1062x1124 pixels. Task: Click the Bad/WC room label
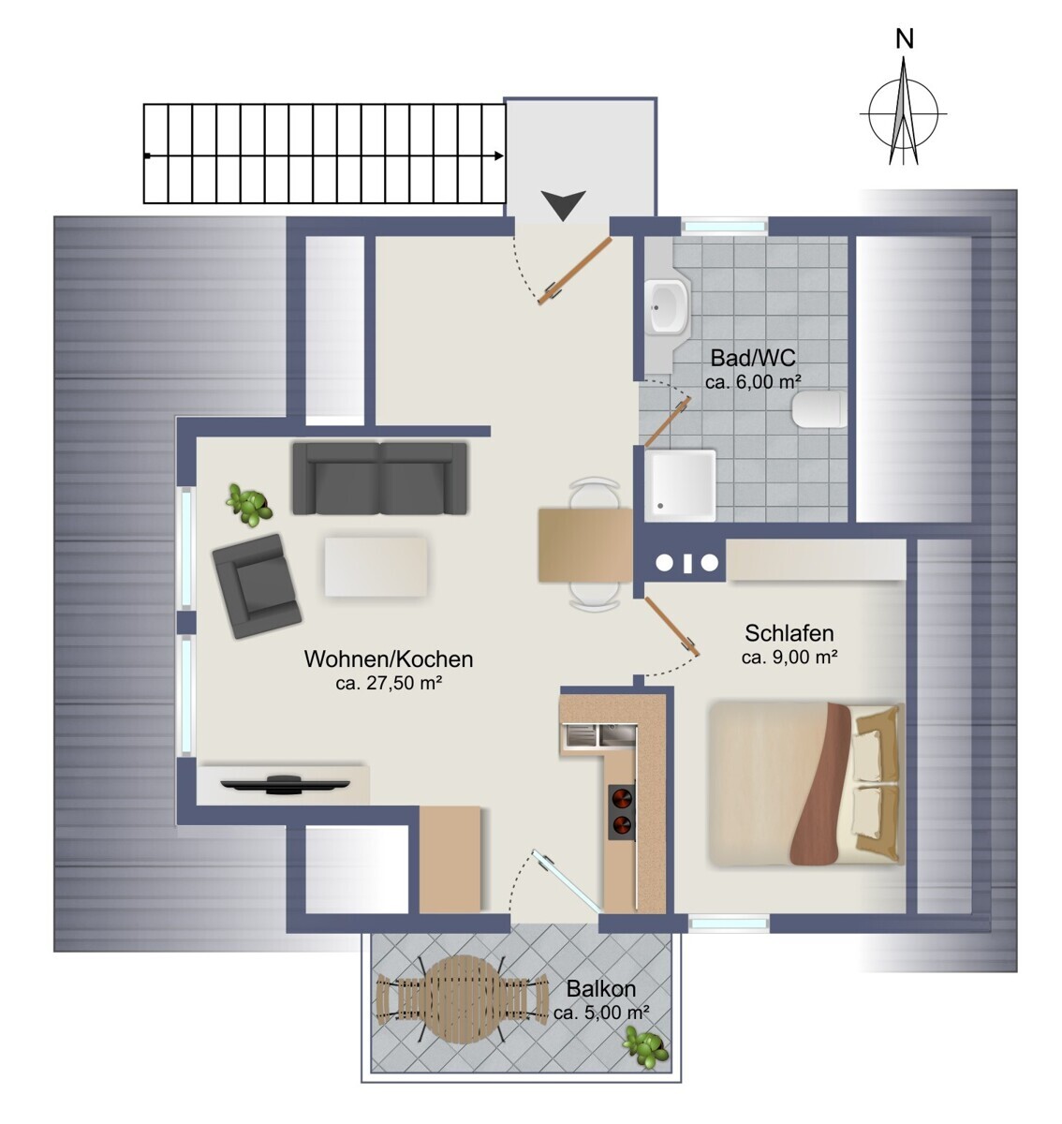(753, 358)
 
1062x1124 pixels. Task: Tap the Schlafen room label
(789, 633)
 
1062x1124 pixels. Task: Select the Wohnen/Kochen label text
(388, 659)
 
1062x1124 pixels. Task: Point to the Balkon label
(600, 989)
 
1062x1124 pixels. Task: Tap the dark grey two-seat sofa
(379, 478)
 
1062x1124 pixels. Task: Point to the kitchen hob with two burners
(621, 812)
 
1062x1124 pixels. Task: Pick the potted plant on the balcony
(645, 1046)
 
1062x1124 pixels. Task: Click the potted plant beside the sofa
(249, 504)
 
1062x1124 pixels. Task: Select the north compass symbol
(903, 112)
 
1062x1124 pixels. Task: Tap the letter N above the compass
(905, 39)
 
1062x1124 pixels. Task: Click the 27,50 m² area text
(389, 684)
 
